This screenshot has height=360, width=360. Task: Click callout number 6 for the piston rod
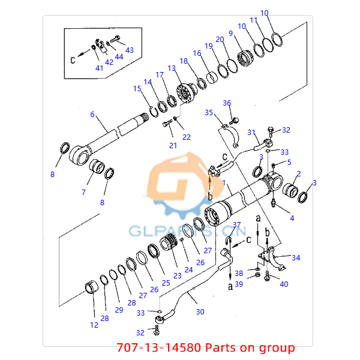point(92,114)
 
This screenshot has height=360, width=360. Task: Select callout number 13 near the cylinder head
point(172,69)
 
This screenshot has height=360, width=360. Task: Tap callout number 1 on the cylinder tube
point(224,182)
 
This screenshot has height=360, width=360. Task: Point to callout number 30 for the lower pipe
point(200,311)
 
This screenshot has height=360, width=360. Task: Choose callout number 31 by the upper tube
point(251,133)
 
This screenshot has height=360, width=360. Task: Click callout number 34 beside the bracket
point(296,257)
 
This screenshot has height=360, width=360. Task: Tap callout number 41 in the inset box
point(100,67)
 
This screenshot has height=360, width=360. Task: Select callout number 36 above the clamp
point(227,103)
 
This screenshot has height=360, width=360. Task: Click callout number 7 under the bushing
point(83,192)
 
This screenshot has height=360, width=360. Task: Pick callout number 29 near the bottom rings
point(119,310)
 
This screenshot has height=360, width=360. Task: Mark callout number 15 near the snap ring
point(137,89)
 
